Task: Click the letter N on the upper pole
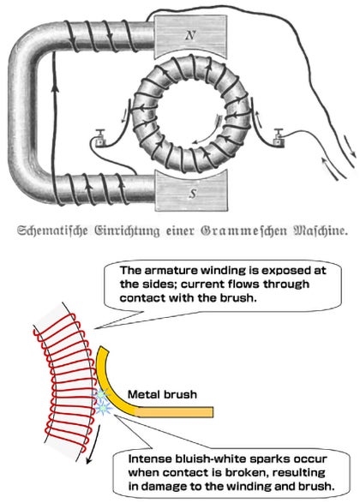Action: [x=190, y=35]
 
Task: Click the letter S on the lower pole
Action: [x=192, y=194]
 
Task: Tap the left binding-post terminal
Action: [x=101, y=138]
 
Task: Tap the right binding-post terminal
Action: [x=279, y=137]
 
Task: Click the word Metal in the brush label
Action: [x=143, y=394]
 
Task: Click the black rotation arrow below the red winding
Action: [x=93, y=444]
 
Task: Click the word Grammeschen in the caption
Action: [x=243, y=231]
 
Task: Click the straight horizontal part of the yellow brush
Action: [x=175, y=412]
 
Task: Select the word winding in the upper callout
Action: [x=221, y=271]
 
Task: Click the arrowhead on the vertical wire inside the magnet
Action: [x=56, y=87]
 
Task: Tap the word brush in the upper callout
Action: [x=238, y=298]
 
